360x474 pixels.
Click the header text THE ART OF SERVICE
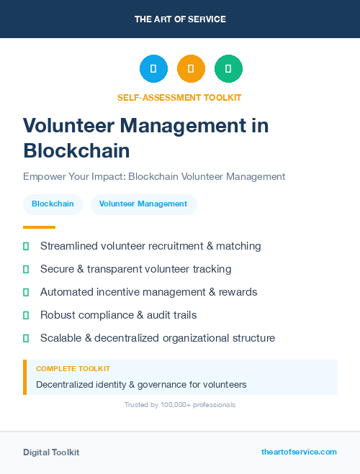click(180, 19)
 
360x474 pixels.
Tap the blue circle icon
click(153, 69)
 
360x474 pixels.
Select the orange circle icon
click(191, 69)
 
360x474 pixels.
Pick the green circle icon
click(228, 69)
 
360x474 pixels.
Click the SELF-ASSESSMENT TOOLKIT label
click(180, 97)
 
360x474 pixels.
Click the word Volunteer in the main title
click(68, 125)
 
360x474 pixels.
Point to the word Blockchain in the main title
click(76, 150)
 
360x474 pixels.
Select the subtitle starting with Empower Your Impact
click(154, 176)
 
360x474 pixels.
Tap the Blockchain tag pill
click(53, 204)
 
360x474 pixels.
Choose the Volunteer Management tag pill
click(143, 204)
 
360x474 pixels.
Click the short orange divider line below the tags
click(39, 227)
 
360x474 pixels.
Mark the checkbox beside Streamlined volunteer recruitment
click(26, 246)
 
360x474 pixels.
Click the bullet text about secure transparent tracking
click(135, 269)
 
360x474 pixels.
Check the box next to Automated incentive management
click(26, 292)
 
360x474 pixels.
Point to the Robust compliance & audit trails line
click(118, 315)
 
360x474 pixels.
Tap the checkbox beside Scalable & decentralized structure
click(26, 338)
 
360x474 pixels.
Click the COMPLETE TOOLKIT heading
click(73, 369)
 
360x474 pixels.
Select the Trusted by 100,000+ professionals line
click(180, 405)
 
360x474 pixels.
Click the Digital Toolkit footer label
click(51, 452)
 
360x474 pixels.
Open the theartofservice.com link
click(299, 452)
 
